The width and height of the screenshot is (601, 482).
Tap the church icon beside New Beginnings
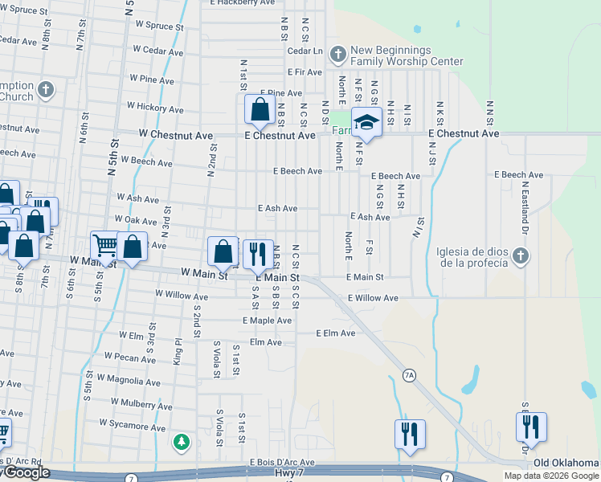(337, 55)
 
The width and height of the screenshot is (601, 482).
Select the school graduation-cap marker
(366, 123)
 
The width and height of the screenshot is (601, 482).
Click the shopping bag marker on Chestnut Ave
(260, 110)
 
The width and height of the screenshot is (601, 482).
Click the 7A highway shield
(409, 375)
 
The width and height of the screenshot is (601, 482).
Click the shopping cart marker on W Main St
(104, 246)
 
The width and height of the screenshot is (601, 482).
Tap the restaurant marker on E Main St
(258, 254)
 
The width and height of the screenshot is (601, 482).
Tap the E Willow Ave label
(373, 298)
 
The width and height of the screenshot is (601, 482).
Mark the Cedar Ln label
(305, 51)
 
